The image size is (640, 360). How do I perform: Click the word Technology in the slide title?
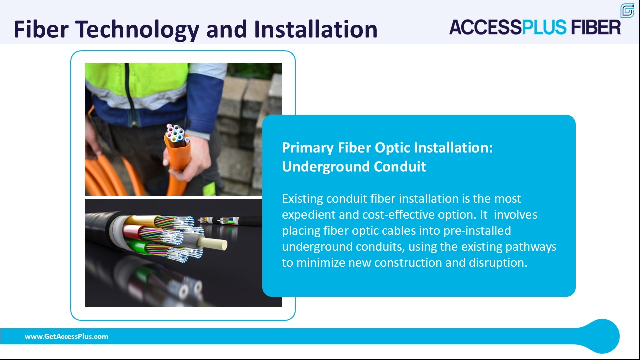[137, 29]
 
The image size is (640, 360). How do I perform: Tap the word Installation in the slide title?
[316, 29]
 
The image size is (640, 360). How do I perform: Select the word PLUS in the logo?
[544, 27]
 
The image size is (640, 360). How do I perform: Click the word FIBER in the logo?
[596, 27]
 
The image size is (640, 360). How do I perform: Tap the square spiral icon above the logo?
[627, 11]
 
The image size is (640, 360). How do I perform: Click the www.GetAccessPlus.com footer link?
[66, 336]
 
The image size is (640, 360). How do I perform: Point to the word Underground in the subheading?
[325, 167]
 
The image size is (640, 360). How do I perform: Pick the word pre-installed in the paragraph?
[477, 231]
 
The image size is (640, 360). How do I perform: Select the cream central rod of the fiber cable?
[213, 244]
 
